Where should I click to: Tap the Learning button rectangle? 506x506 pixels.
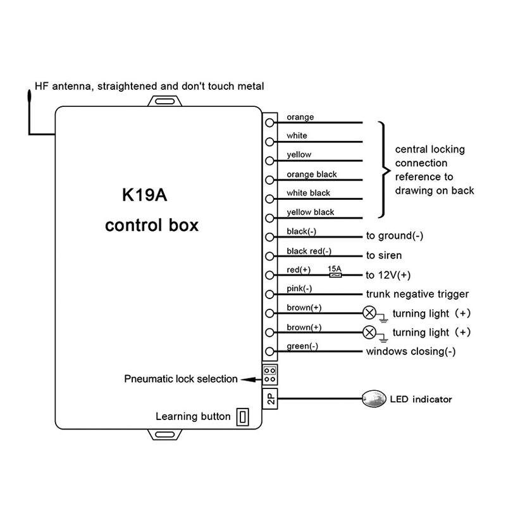click(x=243, y=417)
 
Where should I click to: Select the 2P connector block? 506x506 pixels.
click(x=270, y=398)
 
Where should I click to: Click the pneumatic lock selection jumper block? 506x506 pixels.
click(x=270, y=374)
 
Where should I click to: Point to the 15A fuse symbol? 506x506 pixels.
click(x=335, y=275)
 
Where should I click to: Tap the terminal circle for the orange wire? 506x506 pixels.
click(x=270, y=123)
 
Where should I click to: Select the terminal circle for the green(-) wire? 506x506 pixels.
click(x=270, y=352)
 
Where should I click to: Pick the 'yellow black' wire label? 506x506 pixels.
click(x=311, y=213)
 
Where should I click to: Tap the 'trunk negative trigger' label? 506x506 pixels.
click(x=417, y=294)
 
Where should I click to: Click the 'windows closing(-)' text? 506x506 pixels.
click(x=411, y=352)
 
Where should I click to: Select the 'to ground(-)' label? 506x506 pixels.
click(x=395, y=237)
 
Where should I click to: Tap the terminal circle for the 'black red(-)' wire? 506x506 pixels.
click(x=270, y=256)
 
